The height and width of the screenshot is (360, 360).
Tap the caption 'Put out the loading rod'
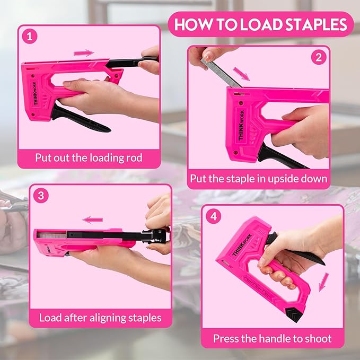(x=89, y=157)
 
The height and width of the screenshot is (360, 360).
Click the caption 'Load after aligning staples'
(x=100, y=318)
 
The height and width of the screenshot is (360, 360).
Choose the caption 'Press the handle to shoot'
(x=272, y=338)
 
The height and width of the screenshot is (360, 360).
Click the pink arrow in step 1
(x=84, y=53)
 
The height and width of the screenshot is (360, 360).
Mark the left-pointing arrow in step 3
(x=93, y=219)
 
